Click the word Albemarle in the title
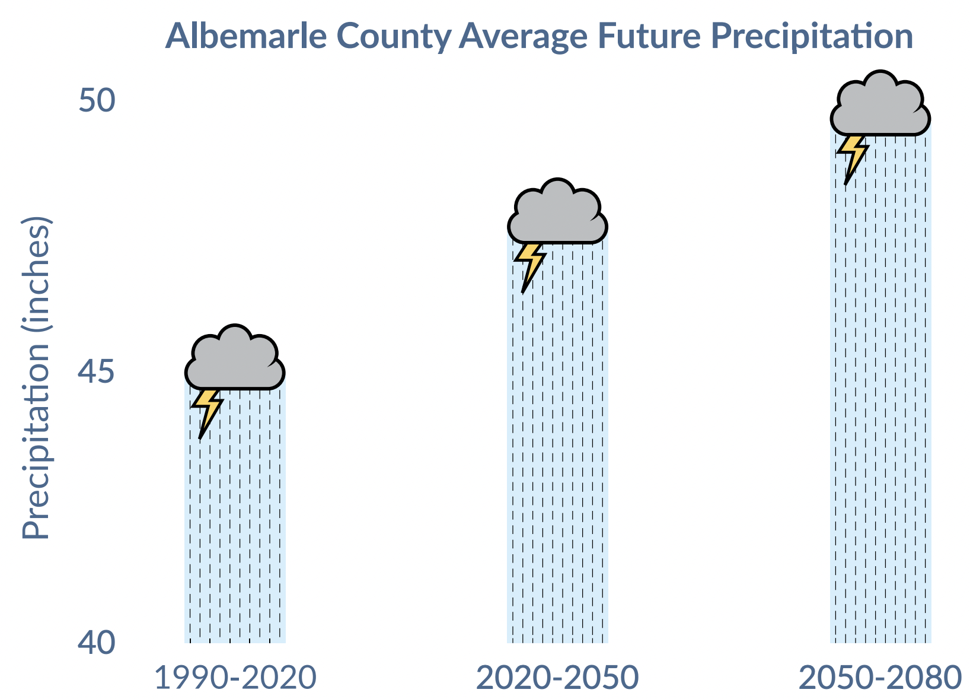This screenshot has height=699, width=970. pos(246,36)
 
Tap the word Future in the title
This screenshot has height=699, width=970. pos(649,36)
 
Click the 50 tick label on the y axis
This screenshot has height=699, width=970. pos(97,100)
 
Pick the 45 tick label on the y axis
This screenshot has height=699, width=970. pos(96,371)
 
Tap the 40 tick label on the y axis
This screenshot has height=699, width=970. pos(97,642)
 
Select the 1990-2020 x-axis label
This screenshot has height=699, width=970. pos(235,678)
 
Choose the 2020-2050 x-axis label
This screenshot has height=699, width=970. pos(558,678)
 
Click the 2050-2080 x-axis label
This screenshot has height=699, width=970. pos(880,678)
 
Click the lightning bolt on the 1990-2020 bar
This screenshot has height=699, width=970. pos(207,412)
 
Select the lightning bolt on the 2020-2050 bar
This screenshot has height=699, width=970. pos(529,266)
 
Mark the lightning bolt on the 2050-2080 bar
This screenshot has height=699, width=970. pos(852,158)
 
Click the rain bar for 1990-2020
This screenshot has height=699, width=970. pos(235,516)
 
